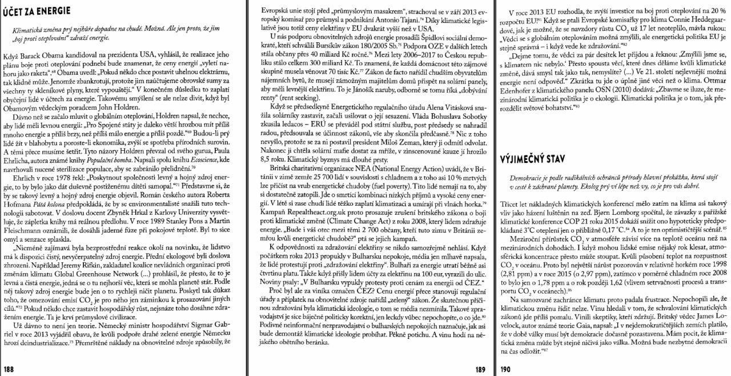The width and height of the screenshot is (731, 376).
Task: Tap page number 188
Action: pyautogui.click(x=10, y=369)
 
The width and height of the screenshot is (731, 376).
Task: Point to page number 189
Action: pyautogui.click(x=481, y=369)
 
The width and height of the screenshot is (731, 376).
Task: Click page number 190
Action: pyautogui.click(x=505, y=369)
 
